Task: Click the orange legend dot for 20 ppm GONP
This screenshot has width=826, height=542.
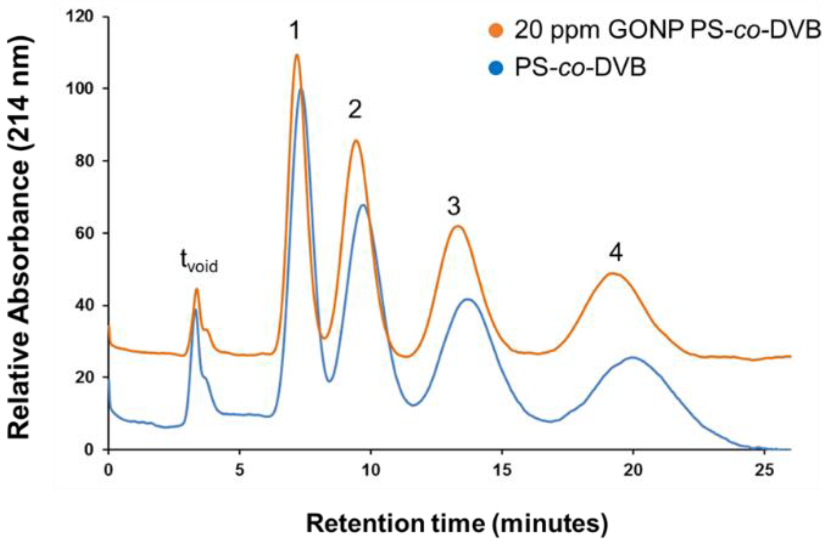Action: (x=496, y=31)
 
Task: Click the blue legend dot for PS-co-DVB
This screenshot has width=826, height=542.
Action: (x=496, y=69)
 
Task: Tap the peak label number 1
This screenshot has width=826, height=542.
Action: (x=294, y=32)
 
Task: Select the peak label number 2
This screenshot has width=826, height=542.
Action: (x=355, y=109)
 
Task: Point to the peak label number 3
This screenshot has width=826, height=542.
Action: (x=454, y=207)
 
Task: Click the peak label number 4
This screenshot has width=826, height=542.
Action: (x=616, y=253)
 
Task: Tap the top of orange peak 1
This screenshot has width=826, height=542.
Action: (x=296, y=55)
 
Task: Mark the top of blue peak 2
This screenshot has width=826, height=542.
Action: (x=363, y=205)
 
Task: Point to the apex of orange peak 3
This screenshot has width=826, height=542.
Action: (x=457, y=226)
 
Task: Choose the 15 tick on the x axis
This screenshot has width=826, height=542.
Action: (x=502, y=470)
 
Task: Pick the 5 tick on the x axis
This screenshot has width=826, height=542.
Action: (x=239, y=470)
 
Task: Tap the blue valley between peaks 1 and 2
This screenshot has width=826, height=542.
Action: (x=329, y=382)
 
